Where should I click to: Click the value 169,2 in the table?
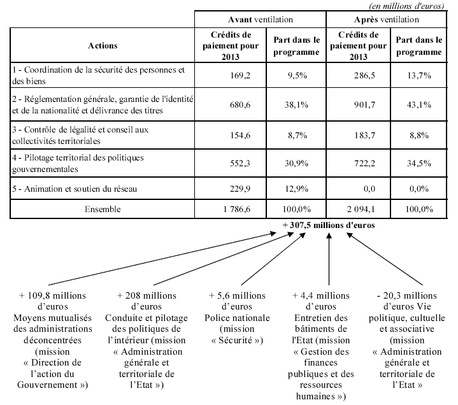point(240,75)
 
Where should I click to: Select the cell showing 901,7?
point(368,103)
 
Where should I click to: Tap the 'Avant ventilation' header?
point(261,20)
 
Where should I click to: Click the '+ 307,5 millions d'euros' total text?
point(328,224)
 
